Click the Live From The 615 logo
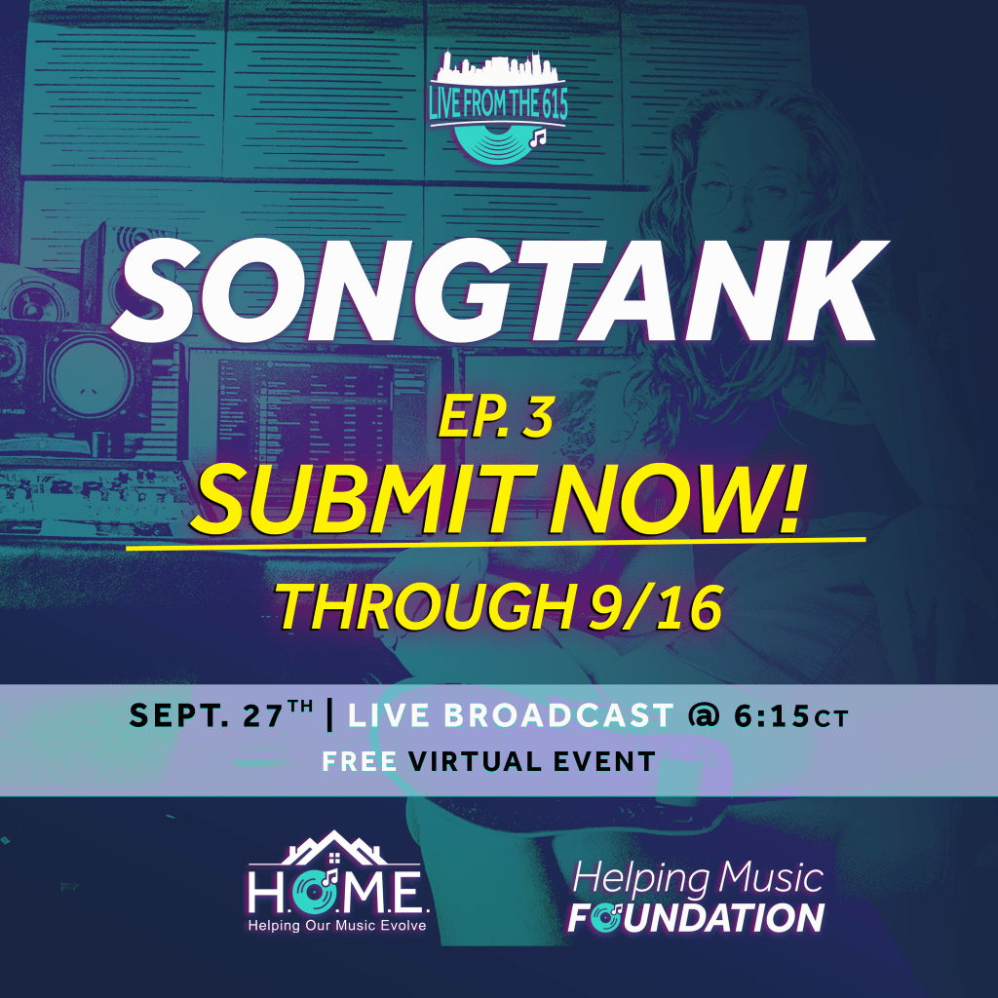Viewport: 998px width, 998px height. (498, 107)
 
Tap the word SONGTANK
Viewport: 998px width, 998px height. (500, 290)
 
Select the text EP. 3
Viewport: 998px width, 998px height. (496, 418)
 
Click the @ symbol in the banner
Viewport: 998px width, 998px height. (704, 716)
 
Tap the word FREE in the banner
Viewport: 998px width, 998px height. (360, 762)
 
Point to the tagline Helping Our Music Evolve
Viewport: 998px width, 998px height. (337, 926)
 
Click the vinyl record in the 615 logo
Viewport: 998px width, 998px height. (498, 144)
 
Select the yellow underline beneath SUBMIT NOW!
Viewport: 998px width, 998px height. (496, 542)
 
